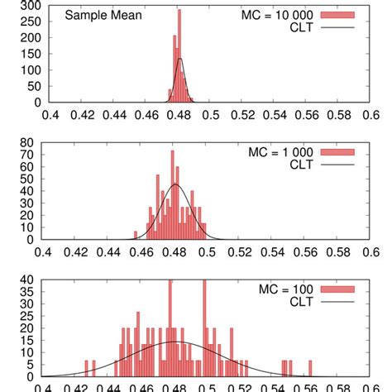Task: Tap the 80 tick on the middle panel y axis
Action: [x=33, y=142]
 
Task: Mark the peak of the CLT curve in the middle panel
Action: [x=175, y=184]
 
